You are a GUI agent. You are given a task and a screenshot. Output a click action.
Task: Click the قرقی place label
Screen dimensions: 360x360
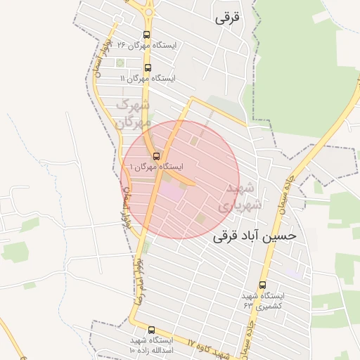tap(228, 19)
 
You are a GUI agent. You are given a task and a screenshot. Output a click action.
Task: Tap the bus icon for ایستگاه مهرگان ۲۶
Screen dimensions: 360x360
tap(147, 34)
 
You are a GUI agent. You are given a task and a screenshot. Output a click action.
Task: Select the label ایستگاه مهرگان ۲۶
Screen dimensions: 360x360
tap(149, 46)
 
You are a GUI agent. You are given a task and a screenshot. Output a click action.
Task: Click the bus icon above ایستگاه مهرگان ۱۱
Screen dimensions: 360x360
tap(148, 68)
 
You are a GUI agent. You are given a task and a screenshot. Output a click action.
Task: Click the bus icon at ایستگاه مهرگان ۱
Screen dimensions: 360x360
tap(156, 156)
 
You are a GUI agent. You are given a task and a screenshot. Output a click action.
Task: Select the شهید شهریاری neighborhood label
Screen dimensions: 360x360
tap(243, 197)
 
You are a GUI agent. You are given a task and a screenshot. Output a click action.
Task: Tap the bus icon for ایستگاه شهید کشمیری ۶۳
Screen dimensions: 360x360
tap(262, 285)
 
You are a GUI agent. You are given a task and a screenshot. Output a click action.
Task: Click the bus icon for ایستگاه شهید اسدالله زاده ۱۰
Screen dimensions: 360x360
tap(151, 330)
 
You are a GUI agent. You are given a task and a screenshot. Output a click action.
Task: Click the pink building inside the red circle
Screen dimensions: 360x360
tap(170, 190)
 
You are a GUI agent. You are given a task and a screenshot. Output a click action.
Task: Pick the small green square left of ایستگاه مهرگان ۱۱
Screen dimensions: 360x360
tap(120, 63)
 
